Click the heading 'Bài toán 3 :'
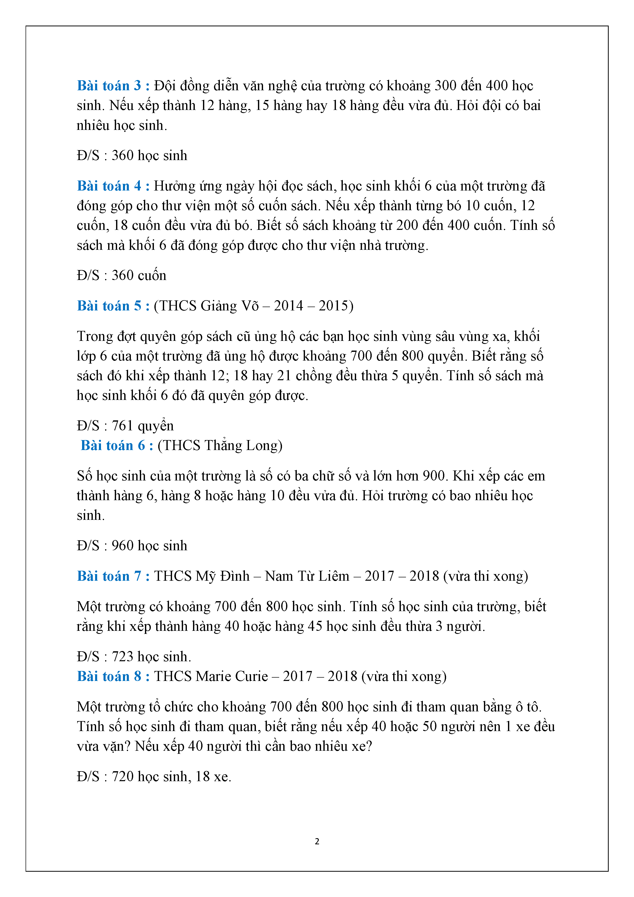113,86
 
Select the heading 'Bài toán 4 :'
113,186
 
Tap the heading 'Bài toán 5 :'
113,306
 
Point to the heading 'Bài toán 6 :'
117,445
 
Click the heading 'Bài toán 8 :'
113,676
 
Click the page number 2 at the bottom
317,841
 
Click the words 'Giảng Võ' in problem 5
229,306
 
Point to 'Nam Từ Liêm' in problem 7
307,576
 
